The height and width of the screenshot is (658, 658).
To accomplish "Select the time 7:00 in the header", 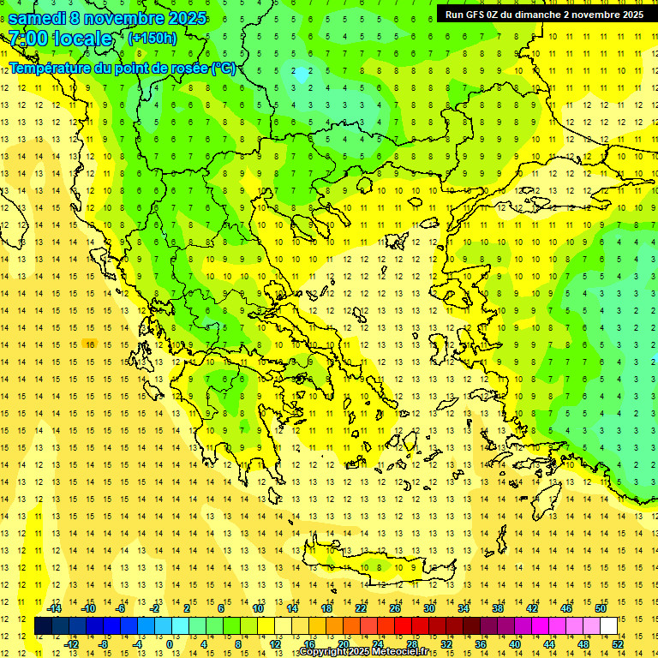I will [x=27, y=39].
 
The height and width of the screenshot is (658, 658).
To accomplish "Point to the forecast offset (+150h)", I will [x=153, y=39].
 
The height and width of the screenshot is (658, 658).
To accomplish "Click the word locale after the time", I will [x=82, y=39].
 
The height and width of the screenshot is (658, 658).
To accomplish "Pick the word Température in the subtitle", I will [x=53, y=68].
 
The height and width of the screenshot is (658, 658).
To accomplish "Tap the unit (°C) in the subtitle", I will [x=222, y=68].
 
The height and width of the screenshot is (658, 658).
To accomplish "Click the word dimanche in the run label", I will [x=535, y=14].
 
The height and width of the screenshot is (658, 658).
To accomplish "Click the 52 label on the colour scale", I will [x=618, y=644].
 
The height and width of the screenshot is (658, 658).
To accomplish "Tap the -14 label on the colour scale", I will [x=55, y=608].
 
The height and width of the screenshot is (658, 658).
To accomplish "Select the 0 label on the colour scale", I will [x=170, y=644].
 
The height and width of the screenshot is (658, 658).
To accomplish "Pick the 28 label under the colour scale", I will [x=411, y=644].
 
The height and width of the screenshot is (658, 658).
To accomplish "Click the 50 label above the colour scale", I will [x=601, y=608].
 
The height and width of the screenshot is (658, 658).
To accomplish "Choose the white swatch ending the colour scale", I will [x=608, y=626].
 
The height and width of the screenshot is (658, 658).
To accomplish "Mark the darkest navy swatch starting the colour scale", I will [x=44, y=626].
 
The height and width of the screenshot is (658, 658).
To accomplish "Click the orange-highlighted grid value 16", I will [x=88, y=344].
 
